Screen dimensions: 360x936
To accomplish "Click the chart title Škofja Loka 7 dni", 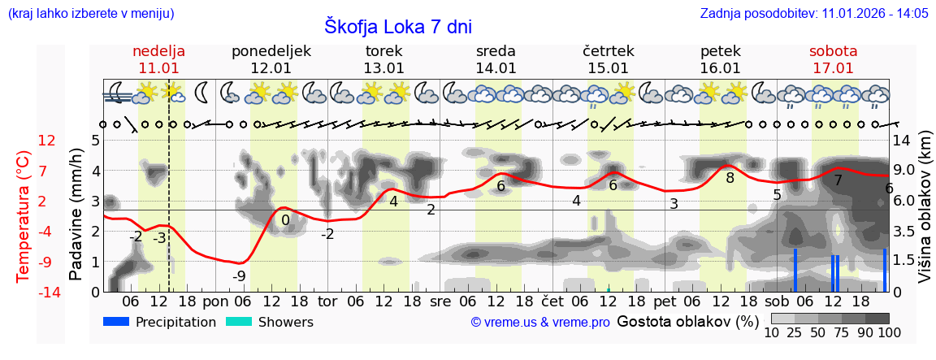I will click(397, 26).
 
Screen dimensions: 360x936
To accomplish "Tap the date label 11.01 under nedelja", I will click(158, 68).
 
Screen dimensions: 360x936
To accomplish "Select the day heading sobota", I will click(833, 51).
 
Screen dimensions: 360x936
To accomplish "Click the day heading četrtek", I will click(608, 51).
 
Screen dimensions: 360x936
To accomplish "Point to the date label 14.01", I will click(496, 68).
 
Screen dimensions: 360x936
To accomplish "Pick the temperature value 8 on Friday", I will click(730, 178).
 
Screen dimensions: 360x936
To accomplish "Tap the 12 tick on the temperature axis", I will click(47, 141).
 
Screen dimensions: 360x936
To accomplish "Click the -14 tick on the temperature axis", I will click(47, 292).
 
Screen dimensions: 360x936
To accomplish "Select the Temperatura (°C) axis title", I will click(24, 216).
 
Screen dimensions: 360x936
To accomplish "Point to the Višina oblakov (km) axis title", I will click(924, 216).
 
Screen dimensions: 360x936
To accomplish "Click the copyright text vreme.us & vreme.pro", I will click(540, 322).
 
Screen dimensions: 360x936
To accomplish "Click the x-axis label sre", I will click(440, 301).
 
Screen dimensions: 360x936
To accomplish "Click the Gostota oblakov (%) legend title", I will click(687, 321).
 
